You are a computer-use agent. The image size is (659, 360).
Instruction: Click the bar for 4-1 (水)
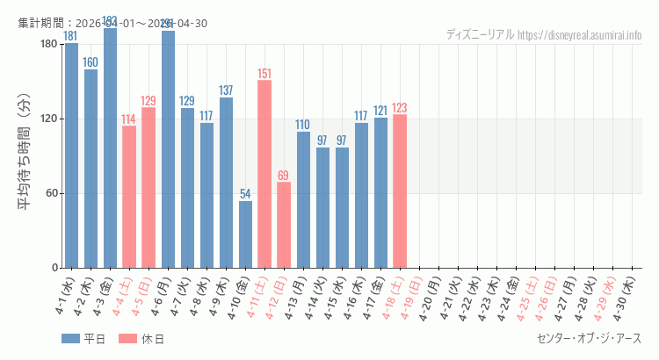pos(71,155)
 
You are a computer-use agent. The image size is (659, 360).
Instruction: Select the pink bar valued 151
pos(264,174)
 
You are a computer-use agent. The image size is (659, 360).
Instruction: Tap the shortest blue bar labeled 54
pos(245,234)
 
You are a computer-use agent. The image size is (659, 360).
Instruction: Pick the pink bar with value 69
pos(284,225)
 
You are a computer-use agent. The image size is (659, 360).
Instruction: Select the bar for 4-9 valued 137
pos(226,183)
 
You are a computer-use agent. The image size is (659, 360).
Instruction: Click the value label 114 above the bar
pos(129,119)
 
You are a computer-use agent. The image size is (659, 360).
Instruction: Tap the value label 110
pos(303,125)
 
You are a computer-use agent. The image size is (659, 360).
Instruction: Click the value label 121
pos(380,111)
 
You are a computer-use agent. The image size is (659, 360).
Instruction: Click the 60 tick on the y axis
pos(50,193)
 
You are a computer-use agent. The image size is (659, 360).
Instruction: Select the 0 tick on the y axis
pos(54,268)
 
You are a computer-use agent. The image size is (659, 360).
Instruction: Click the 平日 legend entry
pos(84,339)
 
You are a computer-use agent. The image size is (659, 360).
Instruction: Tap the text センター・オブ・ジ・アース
pos(589,339)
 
